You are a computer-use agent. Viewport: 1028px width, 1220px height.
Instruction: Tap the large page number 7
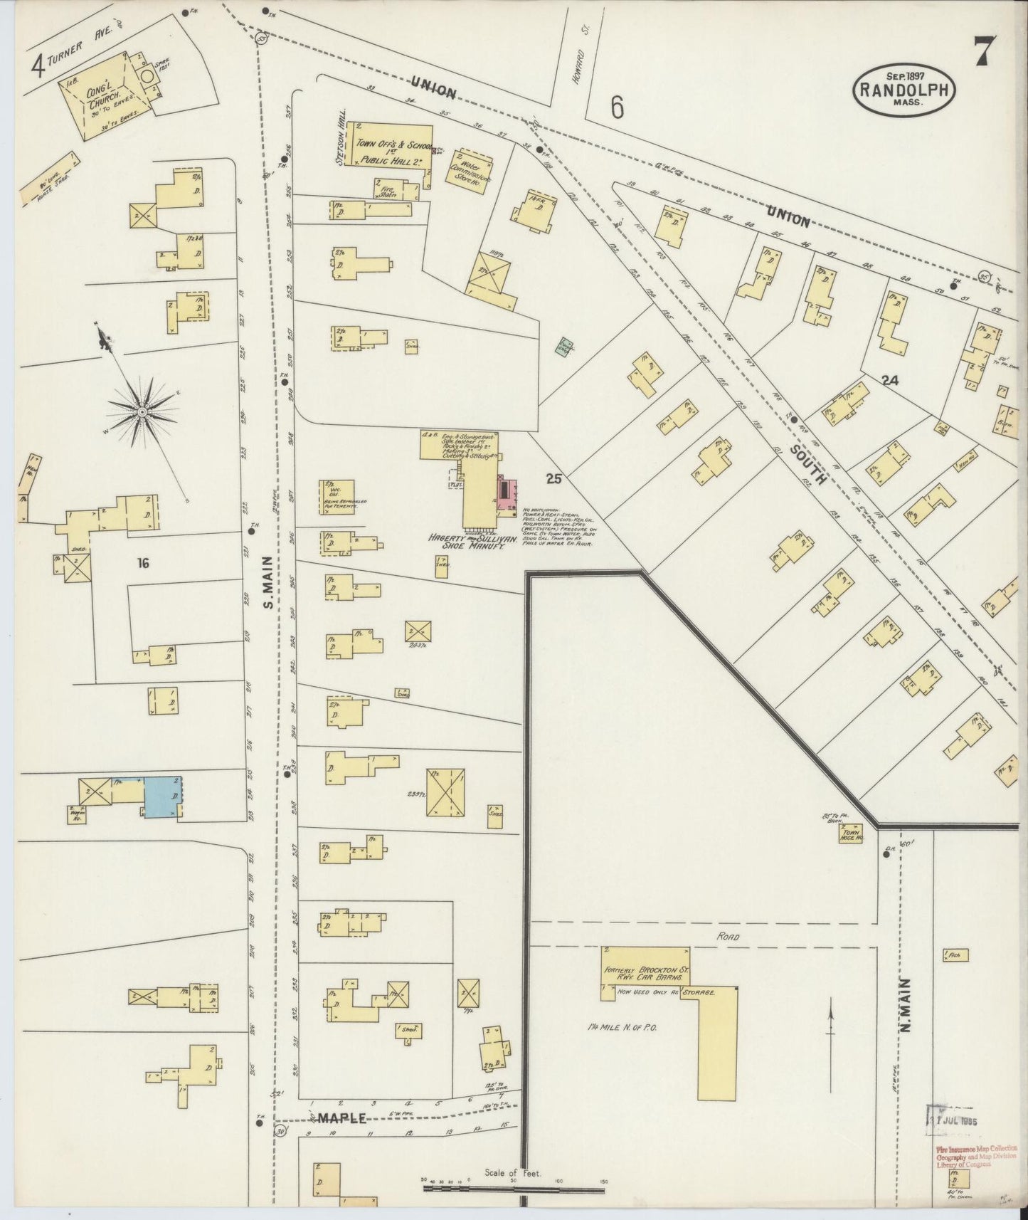(x=984, y=51)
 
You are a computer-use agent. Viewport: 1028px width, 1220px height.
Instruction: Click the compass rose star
(x=142, y=411)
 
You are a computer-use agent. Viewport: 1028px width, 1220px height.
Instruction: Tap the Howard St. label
(x=578, y=65)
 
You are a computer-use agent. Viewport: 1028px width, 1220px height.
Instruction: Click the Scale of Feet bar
(x=513, y=1188)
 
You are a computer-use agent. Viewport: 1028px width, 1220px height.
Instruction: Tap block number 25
(x=554, y=479)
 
